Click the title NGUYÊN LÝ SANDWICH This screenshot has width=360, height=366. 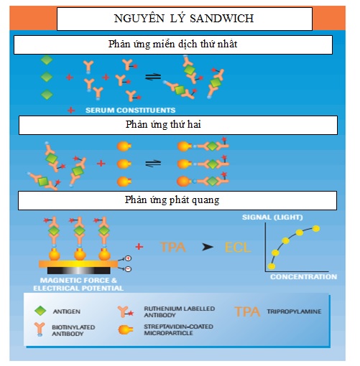[184, 19]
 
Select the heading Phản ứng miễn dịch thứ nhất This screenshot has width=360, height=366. [172, 44]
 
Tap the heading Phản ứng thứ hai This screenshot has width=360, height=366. [163, 125]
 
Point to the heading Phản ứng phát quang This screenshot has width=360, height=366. [172, 200]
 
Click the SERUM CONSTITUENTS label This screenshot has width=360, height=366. [131, 111]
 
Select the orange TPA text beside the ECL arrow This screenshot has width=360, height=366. [173, 247]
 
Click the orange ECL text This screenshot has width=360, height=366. [238, 248]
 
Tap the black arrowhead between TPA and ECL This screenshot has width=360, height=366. [208, 247]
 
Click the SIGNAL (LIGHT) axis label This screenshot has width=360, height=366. [272, 217]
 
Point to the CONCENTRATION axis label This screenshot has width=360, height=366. [303, 277]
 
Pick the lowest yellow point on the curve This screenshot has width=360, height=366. [272, 266]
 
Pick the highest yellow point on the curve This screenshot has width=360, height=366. [316, 229]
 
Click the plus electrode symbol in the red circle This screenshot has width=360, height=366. [128, 258]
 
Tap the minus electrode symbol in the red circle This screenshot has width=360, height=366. [129, 269]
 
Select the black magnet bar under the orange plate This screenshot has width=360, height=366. [79, 271]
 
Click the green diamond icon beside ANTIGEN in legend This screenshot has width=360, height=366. [40, 311]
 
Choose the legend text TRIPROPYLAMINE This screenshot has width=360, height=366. [294, 311]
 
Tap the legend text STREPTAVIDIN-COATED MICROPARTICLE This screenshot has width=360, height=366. [178, 330]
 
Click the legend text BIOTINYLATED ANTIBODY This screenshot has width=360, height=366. [73, 330]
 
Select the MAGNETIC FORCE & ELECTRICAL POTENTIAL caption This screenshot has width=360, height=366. [78, 284]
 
